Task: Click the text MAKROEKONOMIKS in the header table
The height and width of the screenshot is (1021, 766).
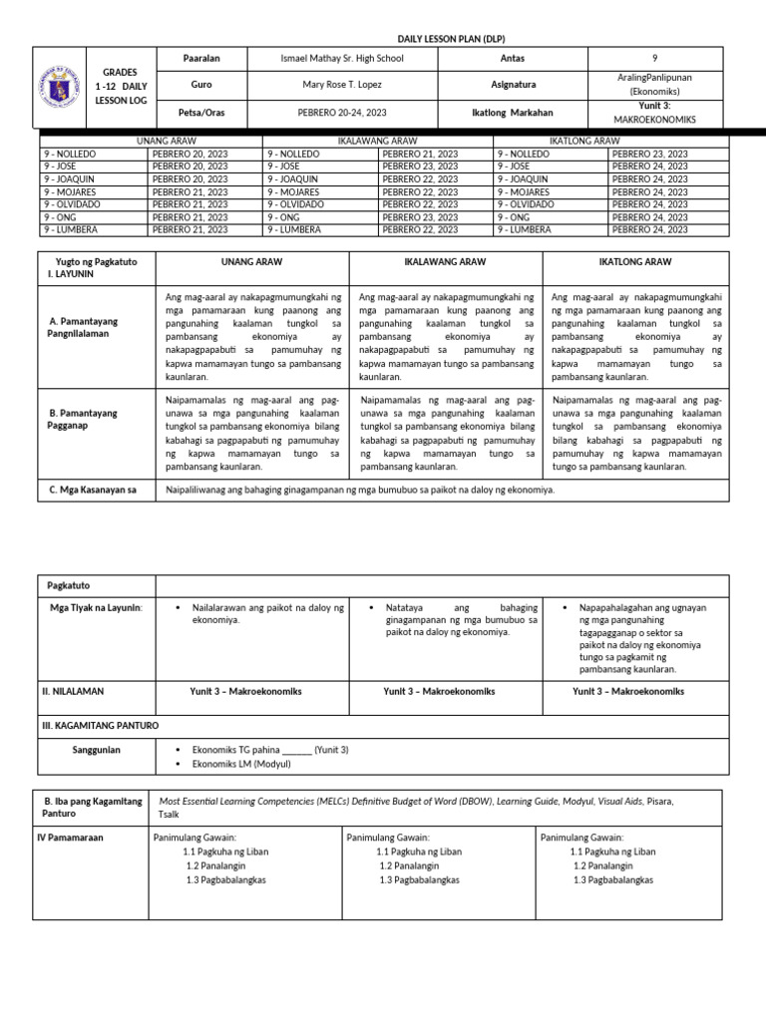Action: click(654, 119)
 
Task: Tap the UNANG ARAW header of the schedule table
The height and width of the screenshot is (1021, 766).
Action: click(149, 142)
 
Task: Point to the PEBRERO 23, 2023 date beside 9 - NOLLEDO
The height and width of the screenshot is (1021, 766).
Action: click(649, 155)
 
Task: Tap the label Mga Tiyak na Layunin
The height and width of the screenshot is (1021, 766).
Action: click(92, 607)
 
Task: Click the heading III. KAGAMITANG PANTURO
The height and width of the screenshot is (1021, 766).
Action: click(100, 724)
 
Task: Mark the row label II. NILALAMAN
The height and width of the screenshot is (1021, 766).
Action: click(73, 690)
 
